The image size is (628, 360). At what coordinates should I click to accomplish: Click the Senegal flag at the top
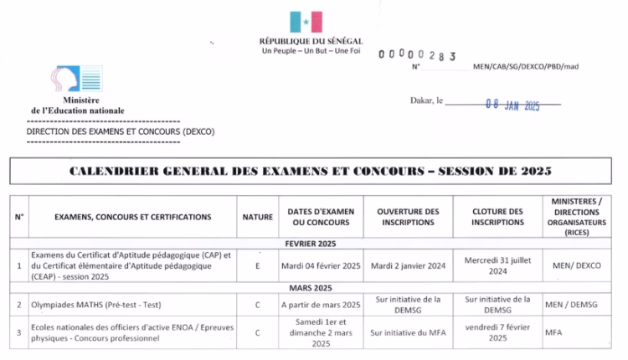point(306,22)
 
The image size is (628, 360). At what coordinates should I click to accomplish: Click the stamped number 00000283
point(416,55)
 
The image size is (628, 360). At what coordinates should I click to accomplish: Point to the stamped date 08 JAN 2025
point(512,105)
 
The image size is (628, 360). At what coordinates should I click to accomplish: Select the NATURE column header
point(257,217)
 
